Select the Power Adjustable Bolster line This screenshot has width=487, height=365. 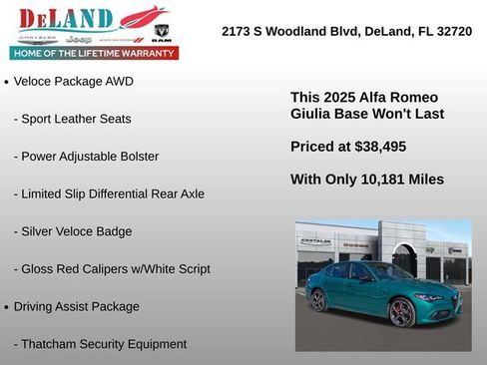87,157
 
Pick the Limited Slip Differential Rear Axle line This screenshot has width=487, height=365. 109,193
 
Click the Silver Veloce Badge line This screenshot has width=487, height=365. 73,231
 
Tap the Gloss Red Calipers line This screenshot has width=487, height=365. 112,269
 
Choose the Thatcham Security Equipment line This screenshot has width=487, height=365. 100,344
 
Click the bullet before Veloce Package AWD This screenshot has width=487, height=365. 7,83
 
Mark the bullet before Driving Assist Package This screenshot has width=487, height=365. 7,307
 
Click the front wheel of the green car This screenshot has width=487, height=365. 401,313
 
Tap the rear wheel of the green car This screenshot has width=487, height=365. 318,299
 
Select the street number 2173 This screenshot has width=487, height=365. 239,32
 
